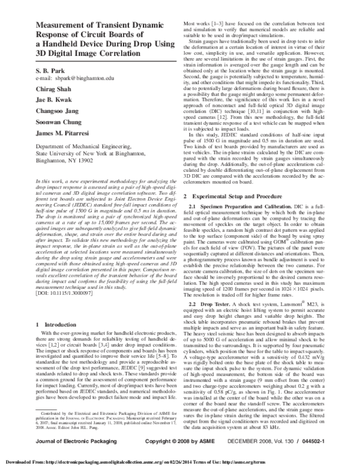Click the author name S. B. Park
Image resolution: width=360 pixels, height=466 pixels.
pyautogui.click(x=50, y=88)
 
